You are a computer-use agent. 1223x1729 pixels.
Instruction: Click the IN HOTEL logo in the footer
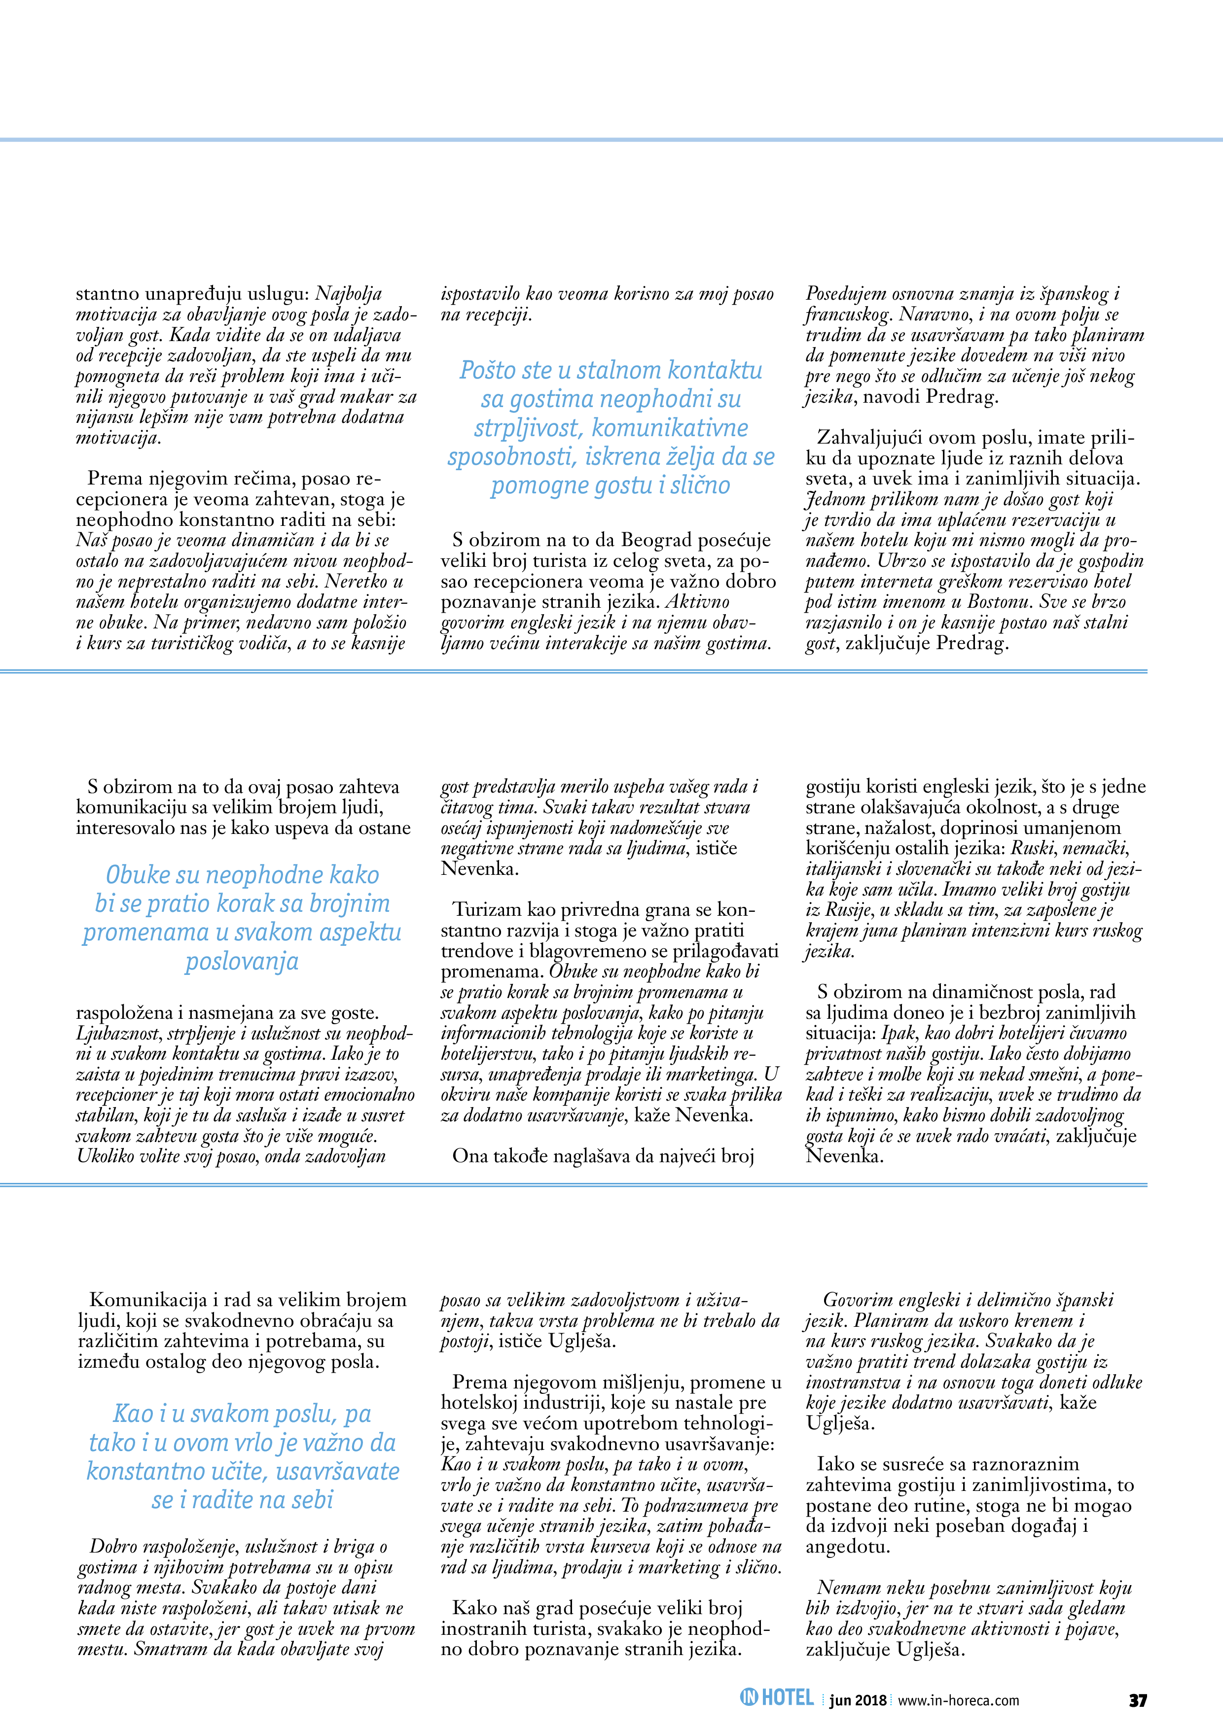777,1698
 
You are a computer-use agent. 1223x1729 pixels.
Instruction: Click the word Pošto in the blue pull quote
488,371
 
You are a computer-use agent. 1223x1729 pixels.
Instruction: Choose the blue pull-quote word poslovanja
242,962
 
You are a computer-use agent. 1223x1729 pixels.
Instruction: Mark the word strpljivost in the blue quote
528,428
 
